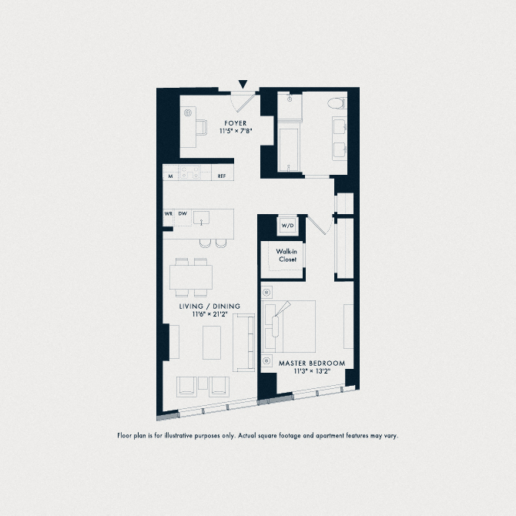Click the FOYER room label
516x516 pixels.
coord(236,123)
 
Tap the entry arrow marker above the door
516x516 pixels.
coord(243,83)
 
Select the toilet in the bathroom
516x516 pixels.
coord(337,104)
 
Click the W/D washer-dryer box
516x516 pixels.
coord(287,226)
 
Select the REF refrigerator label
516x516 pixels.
coord(222,177)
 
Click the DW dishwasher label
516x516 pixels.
coord(183,213)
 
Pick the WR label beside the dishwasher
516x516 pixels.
coord(168,213)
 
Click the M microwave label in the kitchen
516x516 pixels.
coord(170,177)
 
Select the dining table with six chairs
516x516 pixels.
coord(191,275)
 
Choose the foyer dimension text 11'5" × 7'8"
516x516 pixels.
coord(236,132)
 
